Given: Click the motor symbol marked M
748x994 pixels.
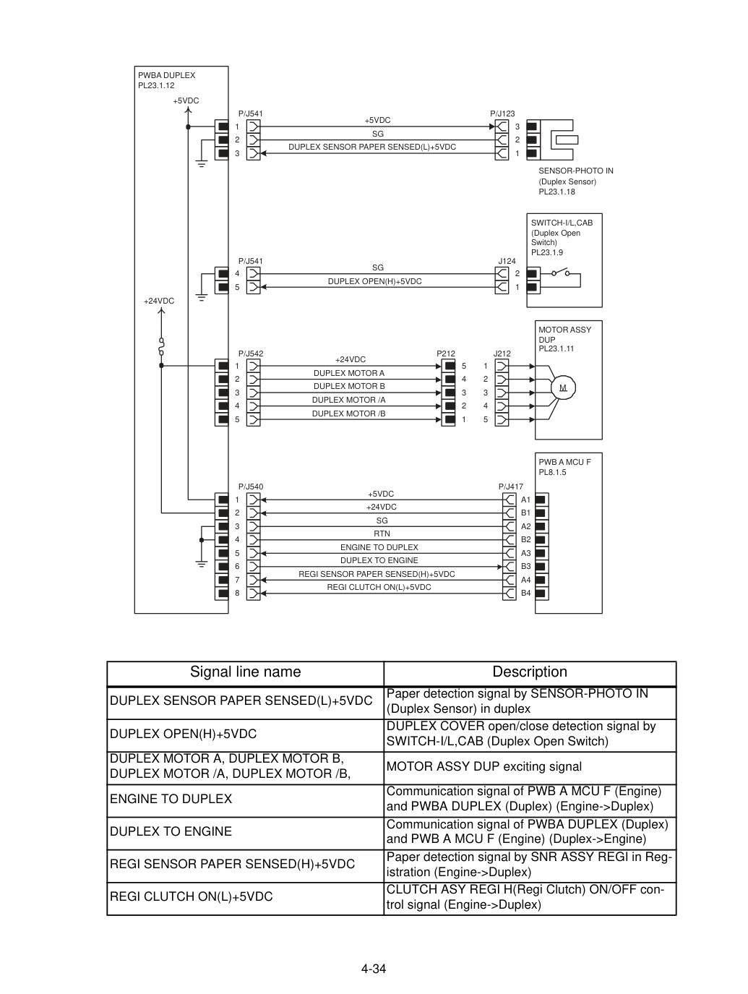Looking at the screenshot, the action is point(562,387).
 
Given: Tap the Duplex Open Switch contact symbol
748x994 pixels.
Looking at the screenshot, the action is point(560,272).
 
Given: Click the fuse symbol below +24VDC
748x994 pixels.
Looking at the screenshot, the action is point(161,346).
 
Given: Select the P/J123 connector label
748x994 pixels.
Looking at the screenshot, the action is point(502,113).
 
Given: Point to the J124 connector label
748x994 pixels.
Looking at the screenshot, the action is point(507,261).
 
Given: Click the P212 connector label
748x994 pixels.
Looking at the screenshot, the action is point(446,354).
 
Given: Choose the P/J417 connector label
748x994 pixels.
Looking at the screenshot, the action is point(511,487).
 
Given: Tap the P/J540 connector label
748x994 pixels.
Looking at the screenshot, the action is point(251,487).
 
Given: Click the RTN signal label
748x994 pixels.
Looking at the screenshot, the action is point(382,534).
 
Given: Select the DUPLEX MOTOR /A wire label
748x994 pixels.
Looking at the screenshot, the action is point(349,400).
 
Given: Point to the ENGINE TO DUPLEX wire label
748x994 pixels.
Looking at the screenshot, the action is point(379,547).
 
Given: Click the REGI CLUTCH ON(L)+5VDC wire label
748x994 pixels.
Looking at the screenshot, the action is point(379,587).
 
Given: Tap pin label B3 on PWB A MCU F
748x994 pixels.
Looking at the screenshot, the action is point(526,566).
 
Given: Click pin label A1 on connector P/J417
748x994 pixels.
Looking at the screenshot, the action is point(526,500).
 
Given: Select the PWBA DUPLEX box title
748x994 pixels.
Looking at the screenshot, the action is point(166,75).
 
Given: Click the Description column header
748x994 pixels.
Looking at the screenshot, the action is point(530,672).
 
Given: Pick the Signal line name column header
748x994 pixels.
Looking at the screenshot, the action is point(245,672).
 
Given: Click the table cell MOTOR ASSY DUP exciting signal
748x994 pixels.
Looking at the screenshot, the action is point(484,766).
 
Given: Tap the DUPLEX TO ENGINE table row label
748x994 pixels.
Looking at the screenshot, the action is point(171,831).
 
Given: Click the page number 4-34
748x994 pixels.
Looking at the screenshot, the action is point(374,969).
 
